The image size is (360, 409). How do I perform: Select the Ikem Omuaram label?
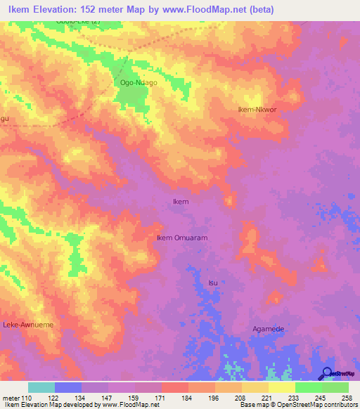(181, 238)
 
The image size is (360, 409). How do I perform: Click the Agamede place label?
(270, 329)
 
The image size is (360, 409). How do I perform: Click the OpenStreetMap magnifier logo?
(327, 374)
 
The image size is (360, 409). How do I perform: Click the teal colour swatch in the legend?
(41, 387)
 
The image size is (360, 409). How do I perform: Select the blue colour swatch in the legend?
(68, 387)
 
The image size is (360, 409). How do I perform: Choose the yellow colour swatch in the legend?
(281, 387)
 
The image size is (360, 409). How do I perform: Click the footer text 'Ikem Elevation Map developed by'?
(45, 405)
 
